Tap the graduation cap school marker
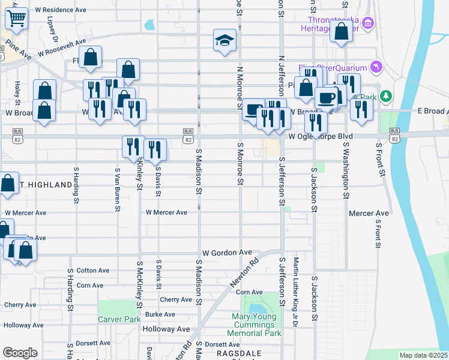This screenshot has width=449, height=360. [225, 41]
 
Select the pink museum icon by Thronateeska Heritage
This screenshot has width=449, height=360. [369, 24]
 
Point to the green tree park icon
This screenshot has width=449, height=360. [387, 96]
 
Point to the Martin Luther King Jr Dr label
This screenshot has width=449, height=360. [295, 292]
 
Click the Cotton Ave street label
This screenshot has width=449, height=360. [93, 271]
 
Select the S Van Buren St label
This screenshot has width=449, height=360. [118, 189]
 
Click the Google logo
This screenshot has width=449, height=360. [20, 353]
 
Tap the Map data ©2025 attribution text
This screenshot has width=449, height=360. [423, 355]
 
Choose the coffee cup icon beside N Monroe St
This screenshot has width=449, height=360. [253, 110]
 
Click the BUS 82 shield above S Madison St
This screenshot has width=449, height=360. [188, 135]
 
